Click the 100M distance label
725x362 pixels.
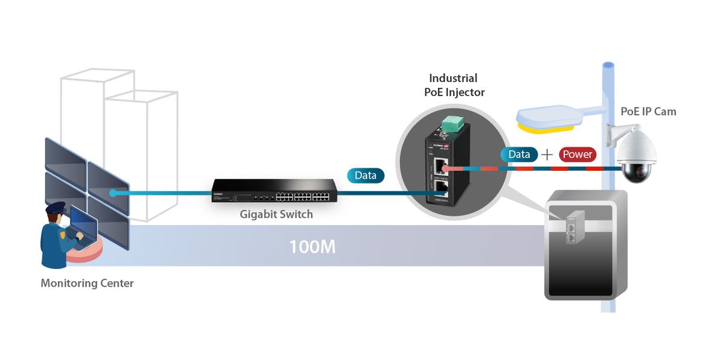point(312,246)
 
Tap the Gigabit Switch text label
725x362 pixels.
point(276,214)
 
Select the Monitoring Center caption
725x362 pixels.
point(87,283)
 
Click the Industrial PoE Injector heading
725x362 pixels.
point(453,85)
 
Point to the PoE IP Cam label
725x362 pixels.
point(648,112)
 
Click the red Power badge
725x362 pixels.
point(577,154)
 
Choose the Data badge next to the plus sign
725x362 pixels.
point(519,154)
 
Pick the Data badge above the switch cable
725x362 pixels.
point(366,176)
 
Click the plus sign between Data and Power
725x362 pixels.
point(547,154)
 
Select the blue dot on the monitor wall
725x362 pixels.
point(113,193)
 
